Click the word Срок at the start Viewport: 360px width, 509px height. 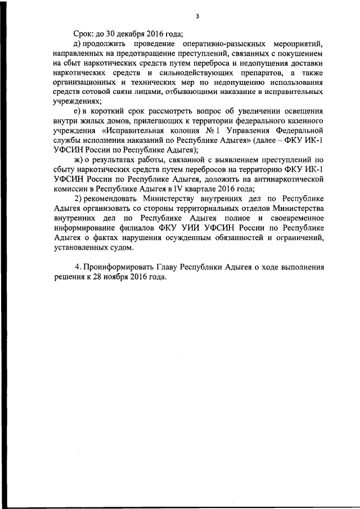pyautogui.click(x=84, y=34)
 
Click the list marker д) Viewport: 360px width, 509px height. pyautogui.click(x=79, y=44)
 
